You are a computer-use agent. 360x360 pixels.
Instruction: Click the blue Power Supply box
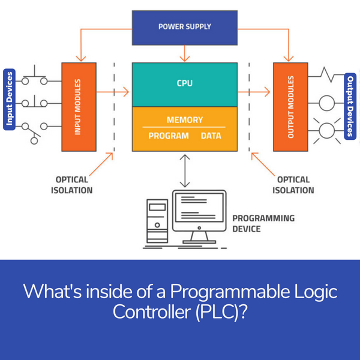(x=184, y=26)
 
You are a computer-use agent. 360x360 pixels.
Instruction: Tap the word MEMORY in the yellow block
(x=184, y=120)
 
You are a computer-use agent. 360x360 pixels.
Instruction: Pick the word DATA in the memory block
(x=211, y=136)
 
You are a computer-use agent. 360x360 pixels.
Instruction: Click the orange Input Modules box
(x=78, y=106)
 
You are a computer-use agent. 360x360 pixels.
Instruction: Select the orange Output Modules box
(x=290, y=106)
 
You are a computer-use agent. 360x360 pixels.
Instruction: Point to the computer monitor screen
(x=199, y=208)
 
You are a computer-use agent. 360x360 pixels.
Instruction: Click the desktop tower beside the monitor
(x=157, y=220)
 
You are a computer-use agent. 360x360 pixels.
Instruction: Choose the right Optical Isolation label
(x=293, y=185)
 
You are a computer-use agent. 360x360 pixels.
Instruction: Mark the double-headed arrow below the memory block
(x=185, y=170)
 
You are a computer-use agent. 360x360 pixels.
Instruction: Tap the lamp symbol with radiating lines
(x=326, y=130)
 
